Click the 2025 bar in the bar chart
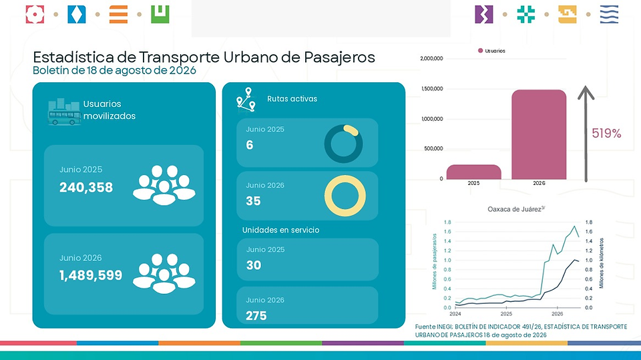(473, 172)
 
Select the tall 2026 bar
(539, 135)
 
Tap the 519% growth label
(606, 134)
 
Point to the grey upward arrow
(586, 134)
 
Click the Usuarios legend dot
(480, 51)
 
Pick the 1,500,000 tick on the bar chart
(431, 89)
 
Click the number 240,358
(86, 188)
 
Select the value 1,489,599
(91, 275)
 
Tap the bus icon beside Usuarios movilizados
(64, 112)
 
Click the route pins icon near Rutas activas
(246, 100)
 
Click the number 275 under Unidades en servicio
(256, 316)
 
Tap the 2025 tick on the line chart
(506, 314)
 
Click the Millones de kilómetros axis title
(602, 263)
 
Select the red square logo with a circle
(35, 14)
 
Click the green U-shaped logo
(160, 14)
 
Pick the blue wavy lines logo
(609, 14)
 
